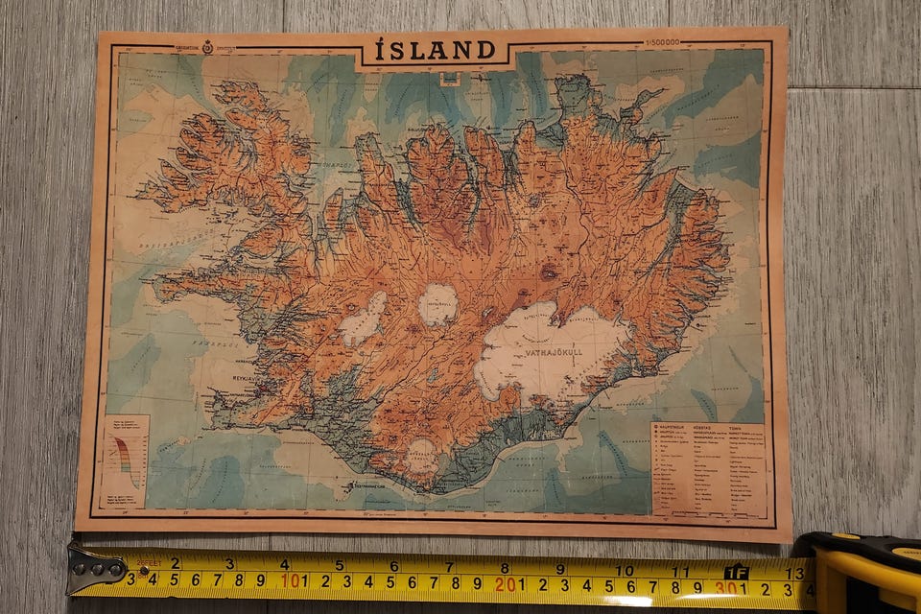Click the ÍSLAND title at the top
click(435, 50)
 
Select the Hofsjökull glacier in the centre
click(438, 304)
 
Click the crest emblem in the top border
click(206, 45)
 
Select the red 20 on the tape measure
click(506, 582)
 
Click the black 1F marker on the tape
click(736, 573)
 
